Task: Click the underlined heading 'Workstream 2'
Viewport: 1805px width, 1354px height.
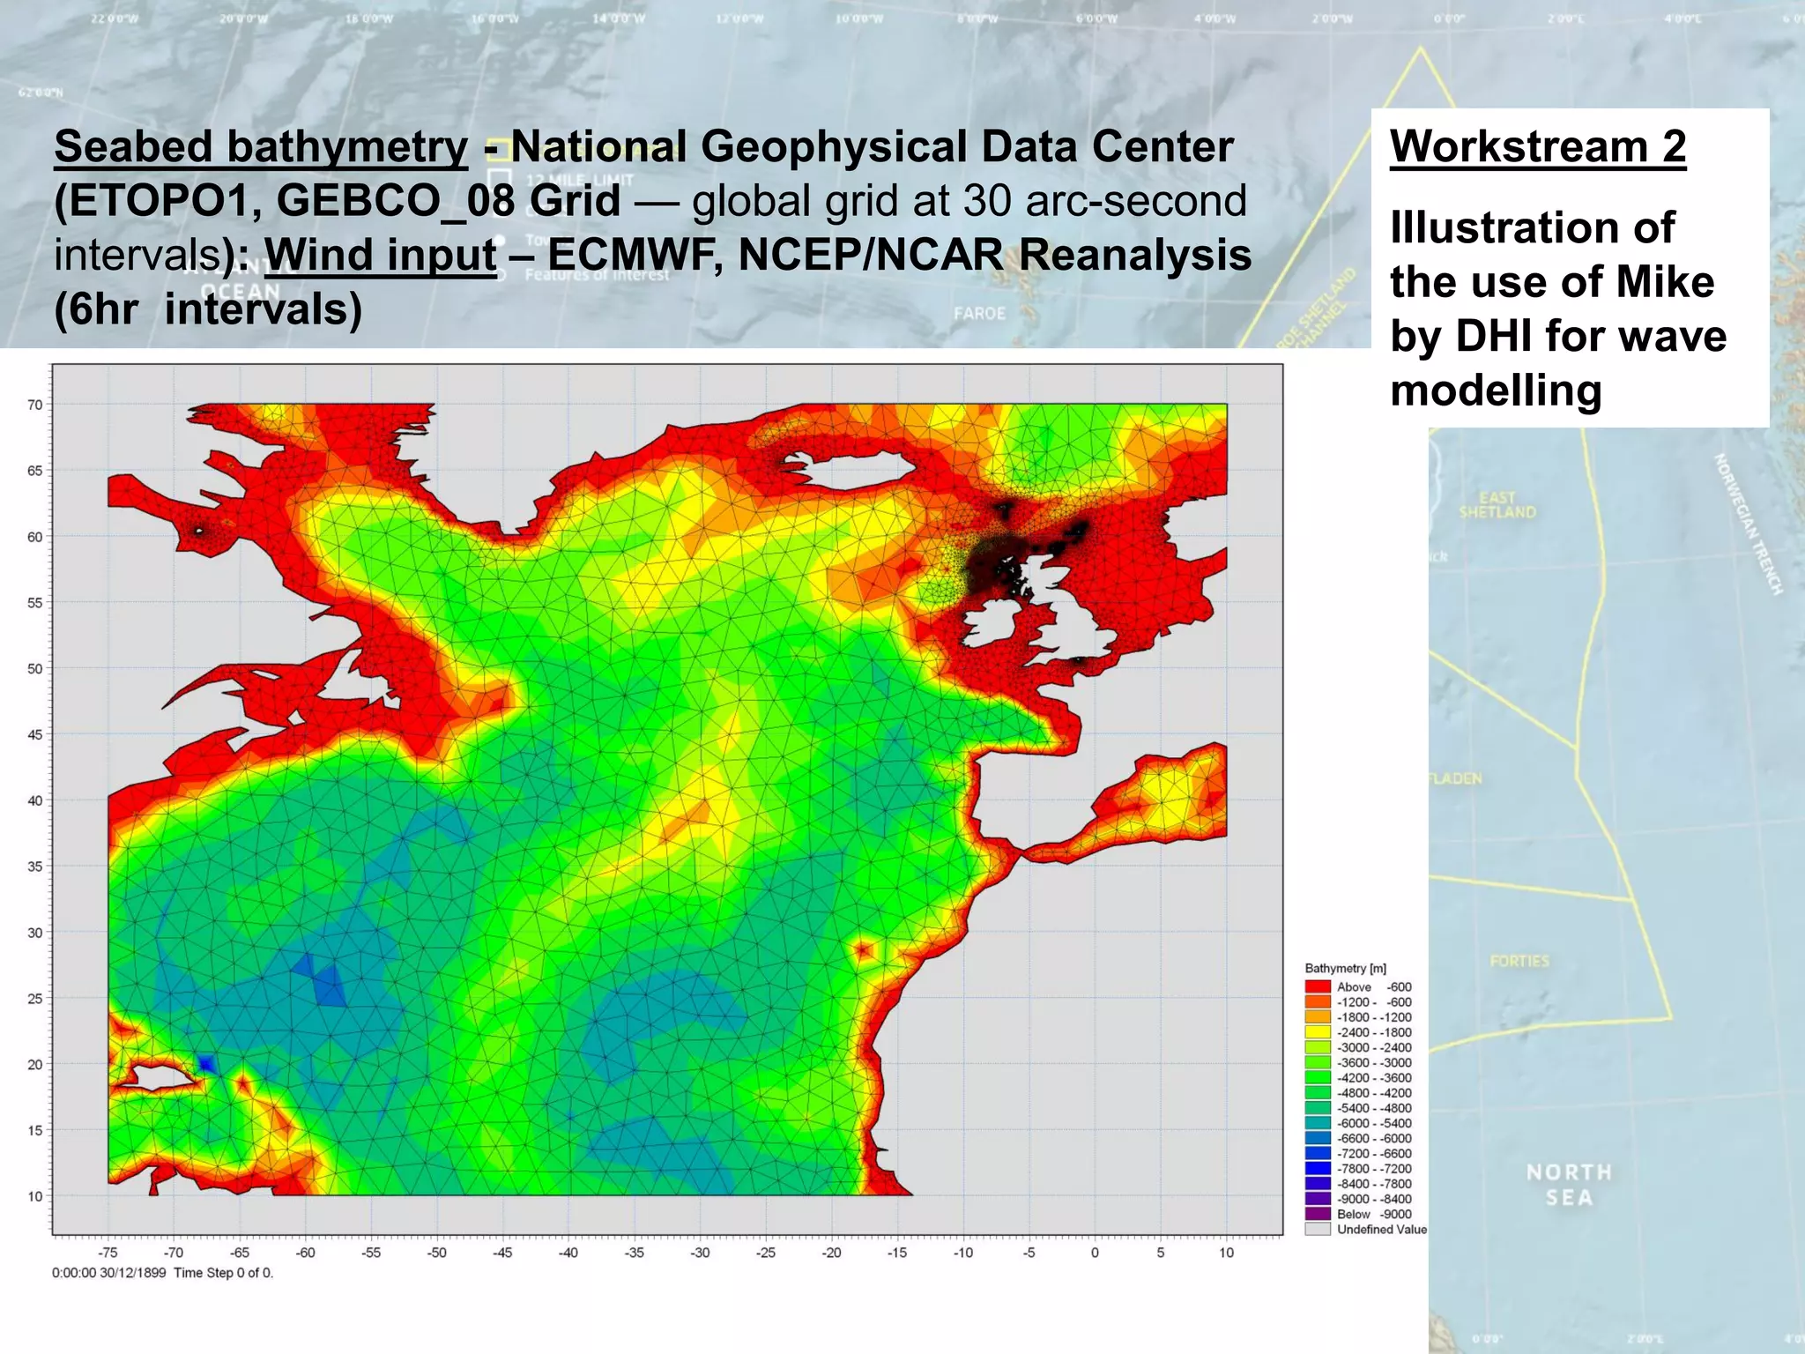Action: (1538, 146)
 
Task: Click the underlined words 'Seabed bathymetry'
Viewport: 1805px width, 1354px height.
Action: (261, 146)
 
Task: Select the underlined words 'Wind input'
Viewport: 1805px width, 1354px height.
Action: (380, 255)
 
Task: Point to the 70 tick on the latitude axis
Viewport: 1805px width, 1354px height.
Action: (35, 405)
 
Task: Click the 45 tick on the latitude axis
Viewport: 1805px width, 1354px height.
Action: (35, 734)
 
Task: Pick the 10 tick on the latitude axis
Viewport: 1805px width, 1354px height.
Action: (35, 1196)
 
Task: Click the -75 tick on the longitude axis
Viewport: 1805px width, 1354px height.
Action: (108, 1253)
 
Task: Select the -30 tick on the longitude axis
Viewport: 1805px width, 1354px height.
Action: (700, 1253)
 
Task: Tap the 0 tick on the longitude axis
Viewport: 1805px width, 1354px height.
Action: (1095, 1253)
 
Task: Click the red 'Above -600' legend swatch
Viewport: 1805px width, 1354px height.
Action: (1318, 987)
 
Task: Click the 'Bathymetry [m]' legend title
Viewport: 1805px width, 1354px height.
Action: (1345, 968)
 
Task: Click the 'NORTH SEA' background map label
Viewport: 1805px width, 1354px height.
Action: (1569, 1185)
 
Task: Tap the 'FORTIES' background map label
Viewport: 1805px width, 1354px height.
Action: (1519, 961)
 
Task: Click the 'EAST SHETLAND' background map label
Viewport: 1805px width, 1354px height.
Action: (1497, 505)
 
